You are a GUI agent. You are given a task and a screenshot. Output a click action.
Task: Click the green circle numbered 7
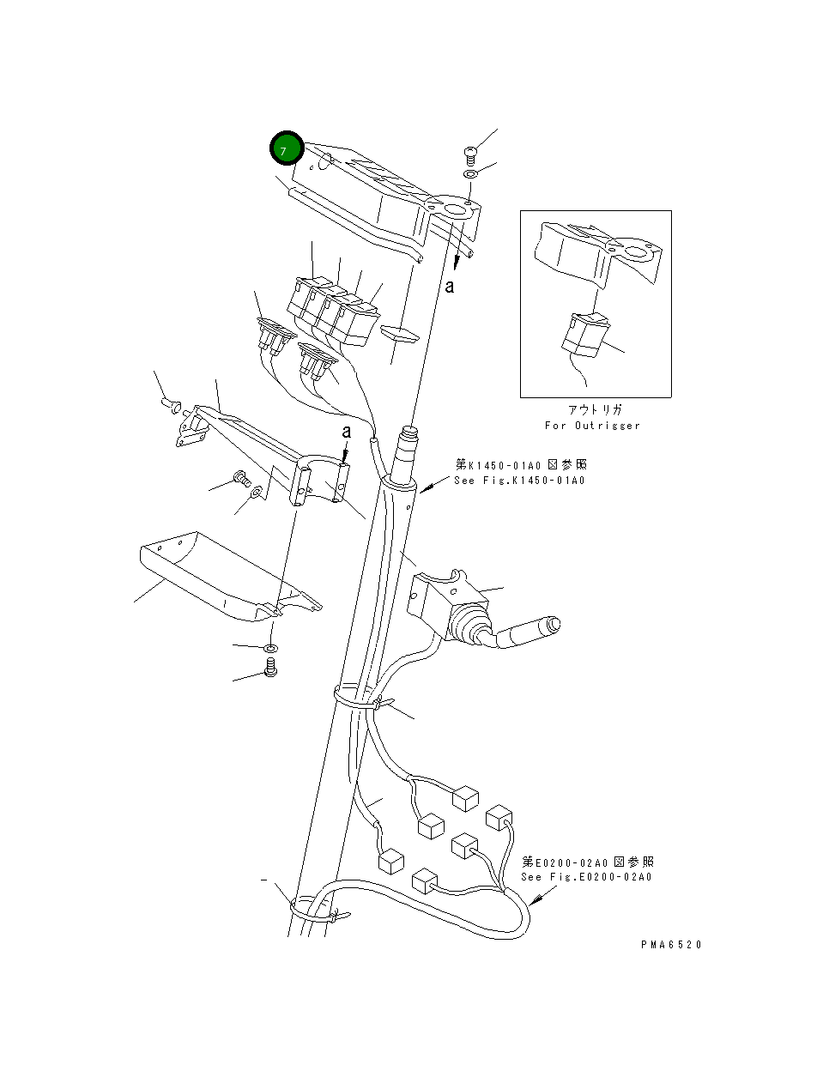[x=286, y=148]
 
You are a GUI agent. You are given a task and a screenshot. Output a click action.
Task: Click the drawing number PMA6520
[x=670, y=944]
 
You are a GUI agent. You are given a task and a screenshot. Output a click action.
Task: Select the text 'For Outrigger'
[x=592, y=426]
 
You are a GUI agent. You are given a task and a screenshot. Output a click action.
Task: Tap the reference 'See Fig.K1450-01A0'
[x=519, y=481]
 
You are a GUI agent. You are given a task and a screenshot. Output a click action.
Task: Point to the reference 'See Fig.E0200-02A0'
[x=586, y=877]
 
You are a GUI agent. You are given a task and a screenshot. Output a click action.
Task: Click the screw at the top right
[x=469, y=154]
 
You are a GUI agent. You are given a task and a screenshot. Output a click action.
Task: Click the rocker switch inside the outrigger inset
[x=584, y=334]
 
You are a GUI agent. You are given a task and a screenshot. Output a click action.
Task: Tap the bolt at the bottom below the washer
[x=270, y=667]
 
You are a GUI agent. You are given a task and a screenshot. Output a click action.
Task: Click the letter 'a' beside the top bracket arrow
[x=449, y=286]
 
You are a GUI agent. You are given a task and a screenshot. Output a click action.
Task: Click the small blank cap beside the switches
[x=398, y=333]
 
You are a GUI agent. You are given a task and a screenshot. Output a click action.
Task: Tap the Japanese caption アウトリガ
[x=594, y=410]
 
